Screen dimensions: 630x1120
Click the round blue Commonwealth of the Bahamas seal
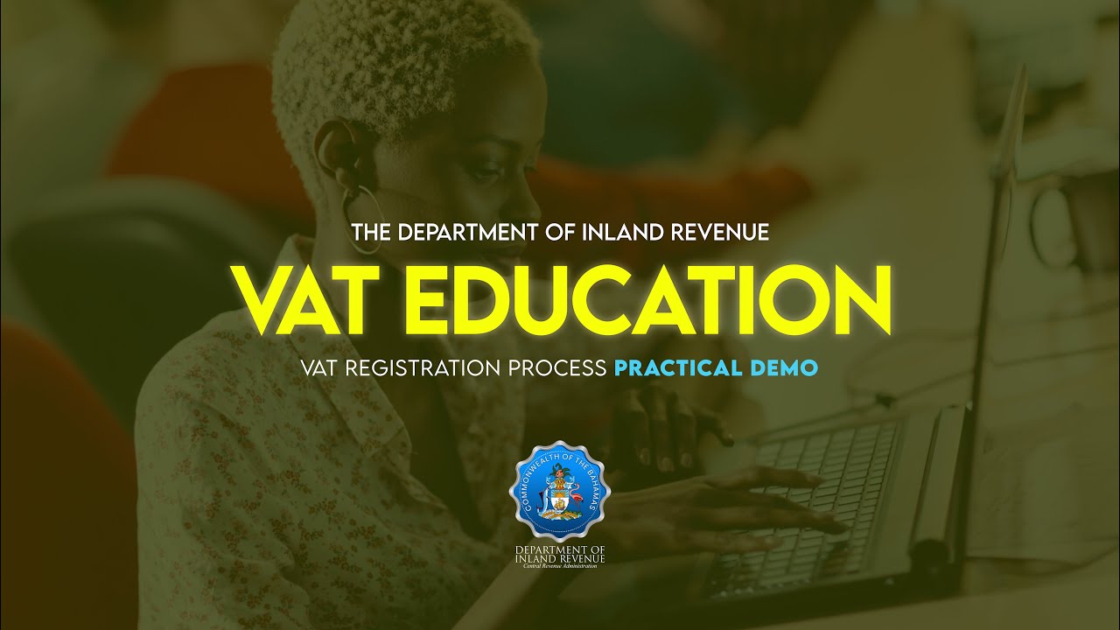(559, 489)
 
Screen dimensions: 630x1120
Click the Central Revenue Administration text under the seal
(560, 566)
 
